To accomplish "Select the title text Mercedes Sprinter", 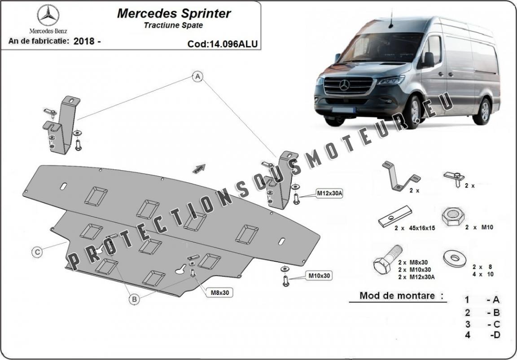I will [x=174, y=13].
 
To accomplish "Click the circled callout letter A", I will [x=197, y=77].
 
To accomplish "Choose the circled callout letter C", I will [x=38, y=252].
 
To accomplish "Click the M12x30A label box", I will [x=329, y=193].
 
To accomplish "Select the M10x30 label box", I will [x=319, y=275].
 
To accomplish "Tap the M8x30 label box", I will [x=220, y=292].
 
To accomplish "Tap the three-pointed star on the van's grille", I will [x=344, y=84].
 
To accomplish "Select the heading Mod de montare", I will [x=397, y=296].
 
